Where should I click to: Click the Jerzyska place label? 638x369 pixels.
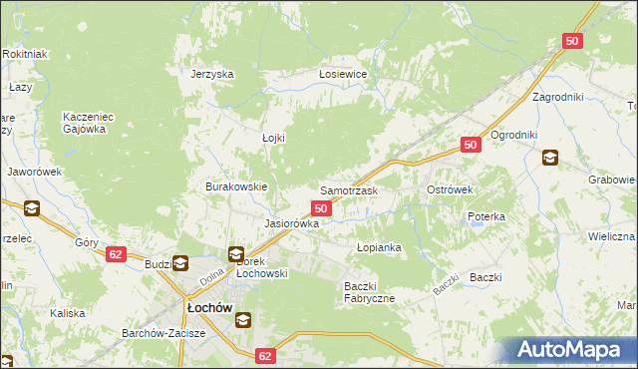[211, 74]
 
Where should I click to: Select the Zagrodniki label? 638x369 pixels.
[557, 97]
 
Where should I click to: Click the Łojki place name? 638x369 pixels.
[273, 138]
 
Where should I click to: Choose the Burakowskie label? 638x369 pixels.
[236, 186]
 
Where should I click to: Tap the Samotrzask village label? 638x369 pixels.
[348, 189]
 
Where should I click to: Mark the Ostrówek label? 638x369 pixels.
[450, 189]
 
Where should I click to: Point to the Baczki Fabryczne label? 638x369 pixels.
[370, 292]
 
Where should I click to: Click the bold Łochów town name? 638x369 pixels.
[207, 308]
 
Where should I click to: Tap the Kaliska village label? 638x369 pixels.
[68, 313]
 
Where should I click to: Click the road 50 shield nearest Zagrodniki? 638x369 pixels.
[572, 41]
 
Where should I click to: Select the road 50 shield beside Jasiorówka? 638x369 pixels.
[321, 207]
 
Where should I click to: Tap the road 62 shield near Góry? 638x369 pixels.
[117, 254]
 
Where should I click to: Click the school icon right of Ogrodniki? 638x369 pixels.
[549, 157]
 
